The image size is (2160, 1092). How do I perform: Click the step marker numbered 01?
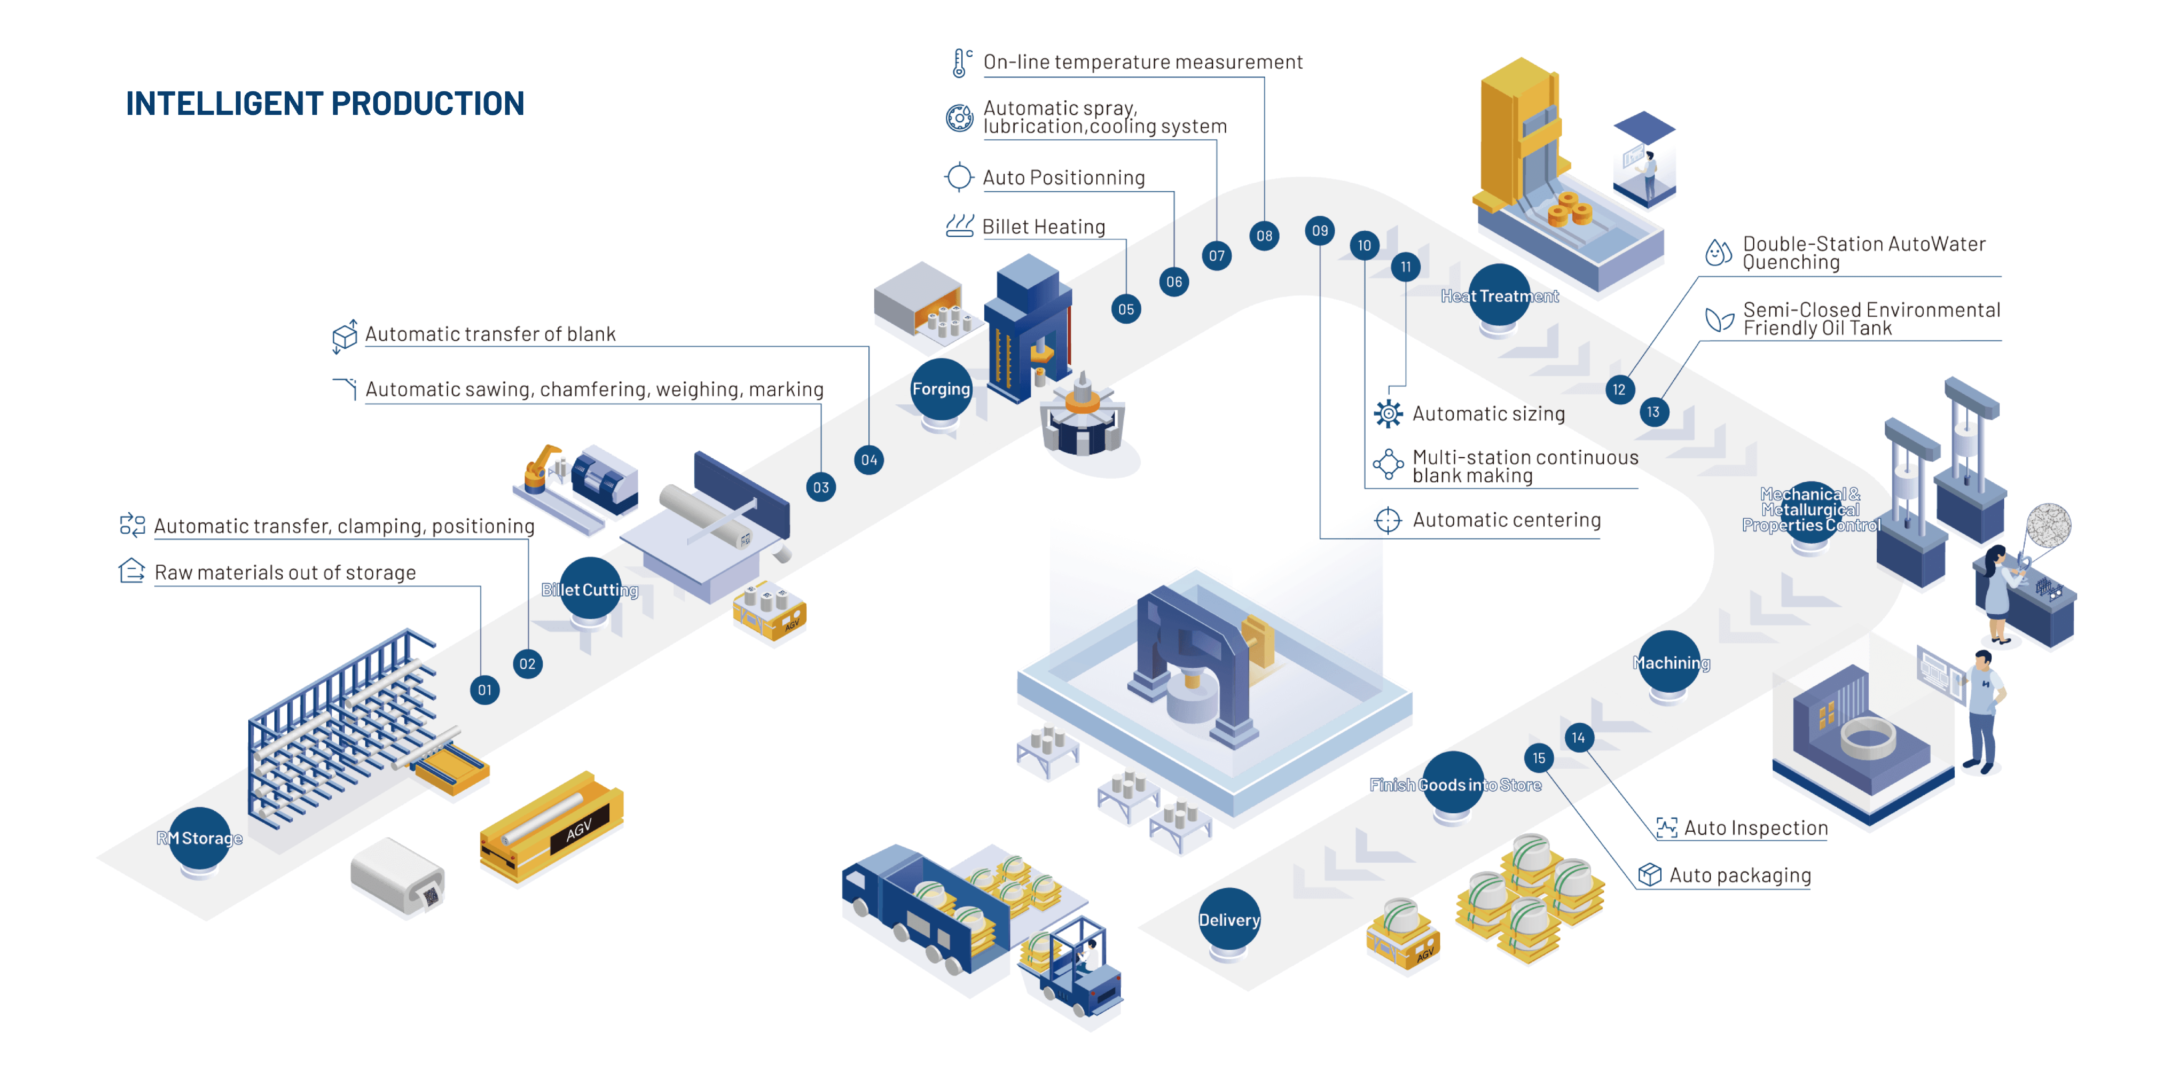[485, 690]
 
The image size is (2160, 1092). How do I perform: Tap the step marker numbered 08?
[1264, 236]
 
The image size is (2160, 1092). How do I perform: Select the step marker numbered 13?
[1653, 412]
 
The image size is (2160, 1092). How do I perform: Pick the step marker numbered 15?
[1539, 758]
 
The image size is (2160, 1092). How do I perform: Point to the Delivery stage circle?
[1228, 919]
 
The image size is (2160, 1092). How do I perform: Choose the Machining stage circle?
[1669, 662]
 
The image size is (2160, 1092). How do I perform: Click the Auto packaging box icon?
[1649, 875]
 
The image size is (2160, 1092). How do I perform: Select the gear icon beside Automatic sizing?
[1388, 413]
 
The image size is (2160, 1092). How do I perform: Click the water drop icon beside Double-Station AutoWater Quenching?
[1718, 252]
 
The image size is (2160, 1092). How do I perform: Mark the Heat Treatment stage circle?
[1499, 295]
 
